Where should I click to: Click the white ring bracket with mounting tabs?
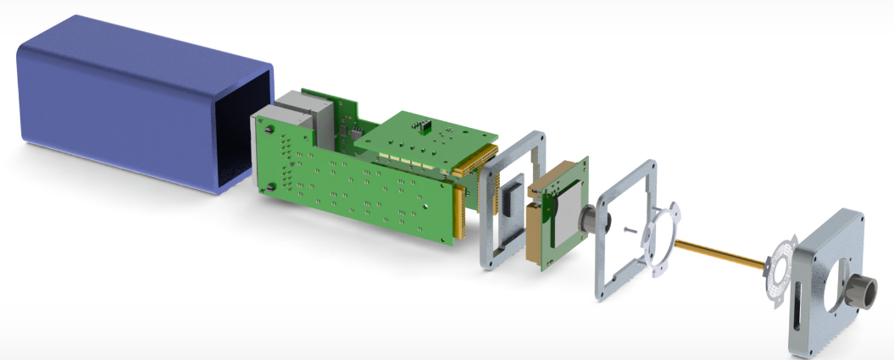660,237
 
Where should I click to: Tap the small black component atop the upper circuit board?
421,126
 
